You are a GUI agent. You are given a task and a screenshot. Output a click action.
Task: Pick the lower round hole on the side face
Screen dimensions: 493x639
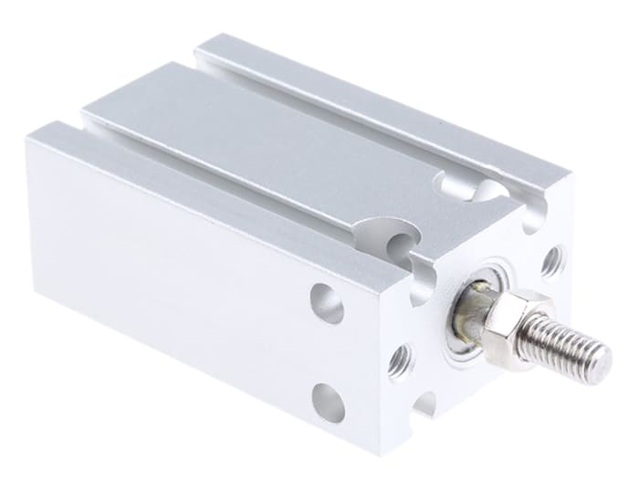coord(329,402)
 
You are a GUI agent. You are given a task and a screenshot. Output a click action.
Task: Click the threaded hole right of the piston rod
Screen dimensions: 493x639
coord(552,262)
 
